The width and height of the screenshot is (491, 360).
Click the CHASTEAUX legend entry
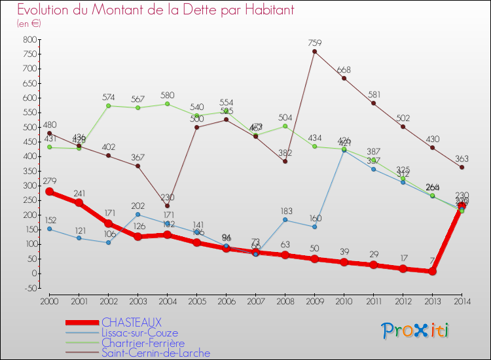tap(131, 322)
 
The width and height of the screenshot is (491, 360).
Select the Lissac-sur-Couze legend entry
tap(139, 333)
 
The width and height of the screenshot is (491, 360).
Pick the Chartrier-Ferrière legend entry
tap(143, 342)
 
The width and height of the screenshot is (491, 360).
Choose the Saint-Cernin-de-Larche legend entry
tap(156, 353)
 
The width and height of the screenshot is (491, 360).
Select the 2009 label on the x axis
tap(314, 300)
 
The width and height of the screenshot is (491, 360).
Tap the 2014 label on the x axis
tap(462, 300)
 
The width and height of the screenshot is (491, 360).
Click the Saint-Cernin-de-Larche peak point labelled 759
tap(314, 51)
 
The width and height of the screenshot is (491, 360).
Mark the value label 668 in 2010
tap(344, 70)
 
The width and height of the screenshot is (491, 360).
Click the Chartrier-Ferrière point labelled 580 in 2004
tap(167, 103)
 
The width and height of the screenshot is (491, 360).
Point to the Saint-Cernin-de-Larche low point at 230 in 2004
tap(167, 206)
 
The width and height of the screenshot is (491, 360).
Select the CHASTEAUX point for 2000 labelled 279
tap(49, 192)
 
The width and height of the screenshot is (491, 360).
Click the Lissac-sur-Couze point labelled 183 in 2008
tap(285, 219)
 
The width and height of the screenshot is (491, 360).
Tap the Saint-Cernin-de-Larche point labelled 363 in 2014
tap(462, 167)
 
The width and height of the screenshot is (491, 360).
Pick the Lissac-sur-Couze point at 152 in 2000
tap(49, 228)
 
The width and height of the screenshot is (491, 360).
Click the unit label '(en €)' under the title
tap(29, 24)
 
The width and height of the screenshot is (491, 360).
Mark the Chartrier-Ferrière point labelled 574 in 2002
tap(108, 105)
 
